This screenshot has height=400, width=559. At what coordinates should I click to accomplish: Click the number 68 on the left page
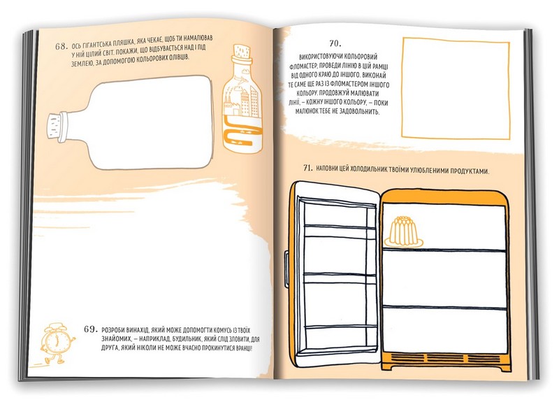point(61,46)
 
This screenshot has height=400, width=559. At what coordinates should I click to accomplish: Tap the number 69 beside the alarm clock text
point(91,329)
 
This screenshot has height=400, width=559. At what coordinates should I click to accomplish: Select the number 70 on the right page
point(335,43)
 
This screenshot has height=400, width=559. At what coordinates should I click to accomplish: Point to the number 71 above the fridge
point(307,168)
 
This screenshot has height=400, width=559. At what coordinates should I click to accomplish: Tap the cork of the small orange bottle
point(242,51)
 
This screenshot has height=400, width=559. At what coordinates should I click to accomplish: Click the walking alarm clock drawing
point(57,343)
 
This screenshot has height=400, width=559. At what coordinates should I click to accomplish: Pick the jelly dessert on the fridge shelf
point(403,232)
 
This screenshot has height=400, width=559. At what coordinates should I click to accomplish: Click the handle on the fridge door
point(286,269)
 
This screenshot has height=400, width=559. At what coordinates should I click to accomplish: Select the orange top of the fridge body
point(444,197)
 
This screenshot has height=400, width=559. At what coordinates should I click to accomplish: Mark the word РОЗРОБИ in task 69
point(113,330)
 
